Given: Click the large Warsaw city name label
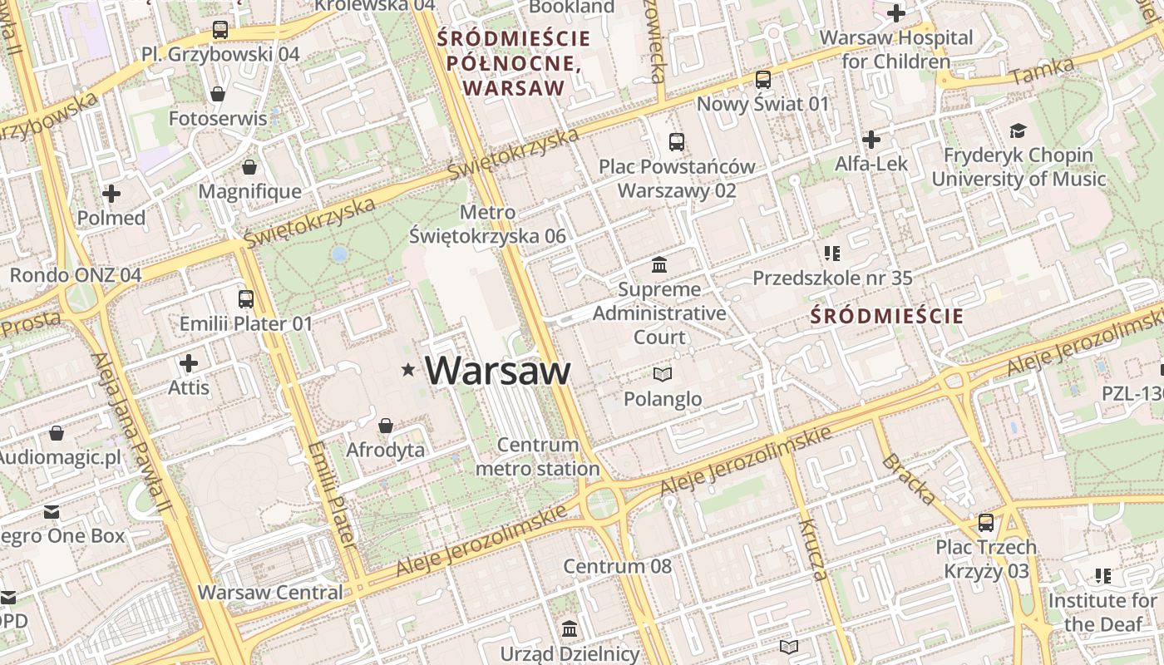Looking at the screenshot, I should click(498, 371).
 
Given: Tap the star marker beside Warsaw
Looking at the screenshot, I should click(408, 369).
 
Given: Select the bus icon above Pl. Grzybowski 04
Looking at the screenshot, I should click(220, 30).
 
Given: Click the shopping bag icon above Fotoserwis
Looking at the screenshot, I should click(218, 94).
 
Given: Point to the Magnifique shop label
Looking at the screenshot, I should click(249, 191).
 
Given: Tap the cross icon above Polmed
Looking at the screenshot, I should click(111, 194).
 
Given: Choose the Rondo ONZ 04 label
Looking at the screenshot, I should click(76, 274).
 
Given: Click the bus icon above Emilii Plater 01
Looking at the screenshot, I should click(246, 299).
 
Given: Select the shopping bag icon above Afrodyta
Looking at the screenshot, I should click(386, 426).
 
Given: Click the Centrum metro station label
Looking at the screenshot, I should click(537, 457).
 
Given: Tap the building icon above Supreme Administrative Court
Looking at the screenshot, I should click(660, 265).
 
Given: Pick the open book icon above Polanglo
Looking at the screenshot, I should click(663, 375).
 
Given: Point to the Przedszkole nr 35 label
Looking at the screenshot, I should click(832, 278).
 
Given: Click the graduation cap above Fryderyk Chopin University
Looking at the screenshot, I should click(1018, 131).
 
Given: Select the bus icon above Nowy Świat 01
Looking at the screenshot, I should click(763, 80).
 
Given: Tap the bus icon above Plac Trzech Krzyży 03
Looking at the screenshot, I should click(986, 523).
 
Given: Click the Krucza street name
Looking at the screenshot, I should click(813, 549).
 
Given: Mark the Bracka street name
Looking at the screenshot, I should click(908, 480).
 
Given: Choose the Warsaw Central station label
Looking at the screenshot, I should click(270, 593).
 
